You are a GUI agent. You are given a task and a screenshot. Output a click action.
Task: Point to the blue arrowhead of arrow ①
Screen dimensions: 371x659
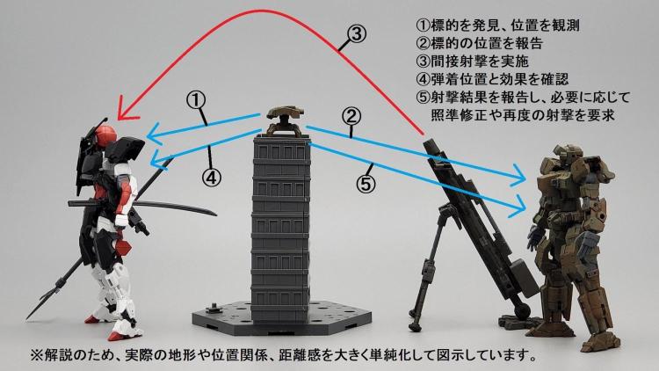coord(151,136)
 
